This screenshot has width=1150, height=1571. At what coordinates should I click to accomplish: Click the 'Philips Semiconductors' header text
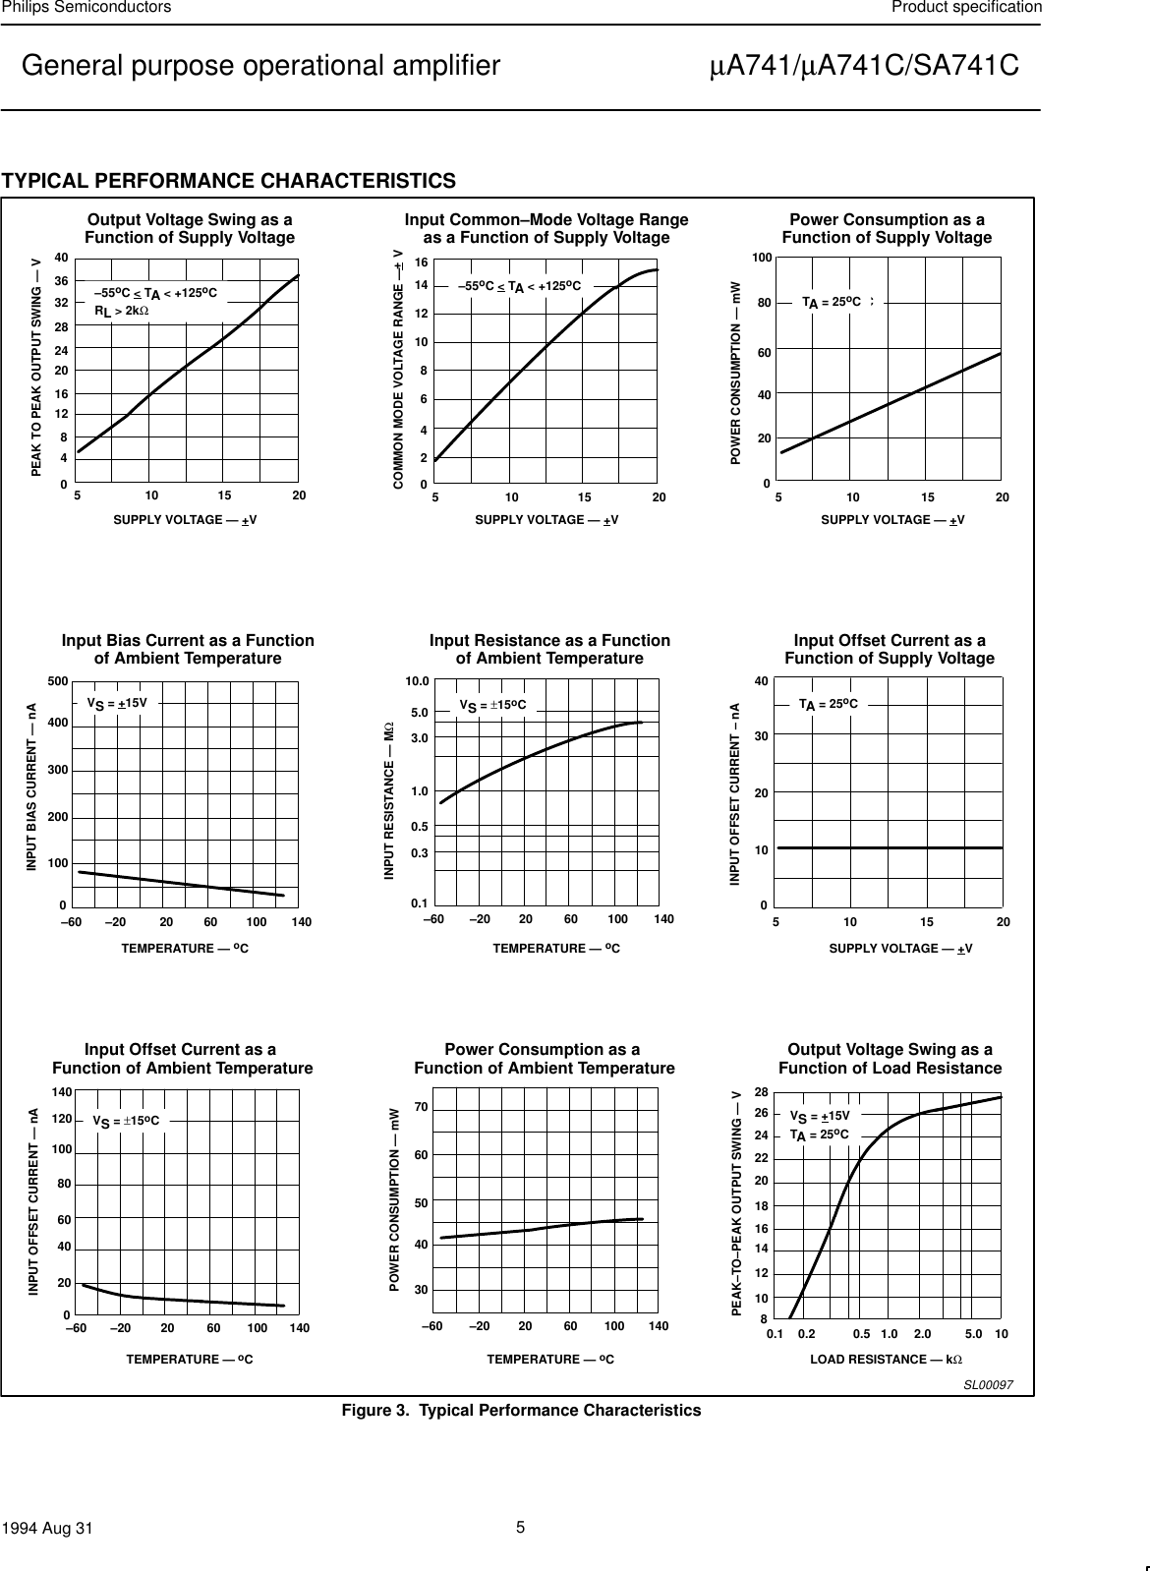[86, 8]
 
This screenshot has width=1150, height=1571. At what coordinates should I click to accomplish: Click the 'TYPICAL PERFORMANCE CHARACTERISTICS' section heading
[229, 181]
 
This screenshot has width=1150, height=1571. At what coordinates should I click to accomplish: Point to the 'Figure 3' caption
[521, 1411]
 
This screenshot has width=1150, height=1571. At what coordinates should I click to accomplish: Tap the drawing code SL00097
[987, 1384]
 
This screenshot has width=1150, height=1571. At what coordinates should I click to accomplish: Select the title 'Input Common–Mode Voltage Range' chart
[546, 228]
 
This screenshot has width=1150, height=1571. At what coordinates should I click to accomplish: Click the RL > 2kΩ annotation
[120, 312]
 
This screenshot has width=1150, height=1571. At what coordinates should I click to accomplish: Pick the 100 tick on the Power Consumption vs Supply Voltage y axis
[761, 258]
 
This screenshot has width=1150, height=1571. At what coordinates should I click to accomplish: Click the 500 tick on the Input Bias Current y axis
[57, 681]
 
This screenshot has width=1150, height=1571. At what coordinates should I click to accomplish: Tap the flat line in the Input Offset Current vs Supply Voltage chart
[890, 847]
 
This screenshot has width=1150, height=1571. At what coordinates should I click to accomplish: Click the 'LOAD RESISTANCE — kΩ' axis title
[886, 1359]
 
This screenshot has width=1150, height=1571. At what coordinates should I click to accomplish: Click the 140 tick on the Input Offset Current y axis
[61, 1092]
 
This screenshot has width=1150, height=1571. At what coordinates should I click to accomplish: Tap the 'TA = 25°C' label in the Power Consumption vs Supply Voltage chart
[832, 303]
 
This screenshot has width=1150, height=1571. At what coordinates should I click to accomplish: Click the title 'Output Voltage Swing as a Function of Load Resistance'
[890, 1059]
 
